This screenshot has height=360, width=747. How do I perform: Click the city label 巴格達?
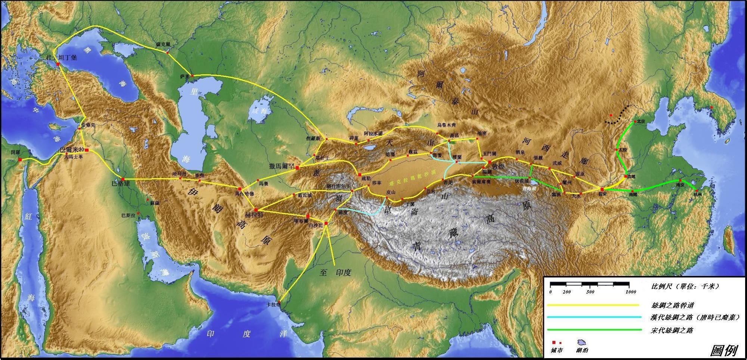coord(121,184)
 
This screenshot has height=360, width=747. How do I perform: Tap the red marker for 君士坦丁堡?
coord(58,64)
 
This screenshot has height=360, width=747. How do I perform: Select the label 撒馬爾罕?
coord(282,167)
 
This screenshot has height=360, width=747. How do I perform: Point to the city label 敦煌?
coord(498,167)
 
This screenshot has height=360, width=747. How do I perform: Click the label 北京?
coord(641,121)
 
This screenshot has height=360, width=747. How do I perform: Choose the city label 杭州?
coord(697,195)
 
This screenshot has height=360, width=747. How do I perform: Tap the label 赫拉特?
coord(254,215)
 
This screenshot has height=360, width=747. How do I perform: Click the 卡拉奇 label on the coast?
coord(273,305)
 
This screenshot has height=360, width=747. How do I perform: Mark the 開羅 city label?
coord(16,152)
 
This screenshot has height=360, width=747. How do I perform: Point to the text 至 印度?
coord(335,273)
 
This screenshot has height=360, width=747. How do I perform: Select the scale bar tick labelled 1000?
coord(630,292)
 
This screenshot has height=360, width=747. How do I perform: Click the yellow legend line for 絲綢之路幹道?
coord(593,305)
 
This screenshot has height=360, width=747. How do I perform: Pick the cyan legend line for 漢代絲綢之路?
coord(593,317)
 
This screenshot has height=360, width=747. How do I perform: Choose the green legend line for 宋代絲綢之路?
coord(593,330)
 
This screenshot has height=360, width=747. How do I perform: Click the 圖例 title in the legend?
coord(723,350)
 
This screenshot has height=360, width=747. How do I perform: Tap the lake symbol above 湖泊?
coord(581,342)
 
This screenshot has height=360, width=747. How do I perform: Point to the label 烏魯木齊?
coord(446,125)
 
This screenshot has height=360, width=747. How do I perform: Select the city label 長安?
coord(602,194)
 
